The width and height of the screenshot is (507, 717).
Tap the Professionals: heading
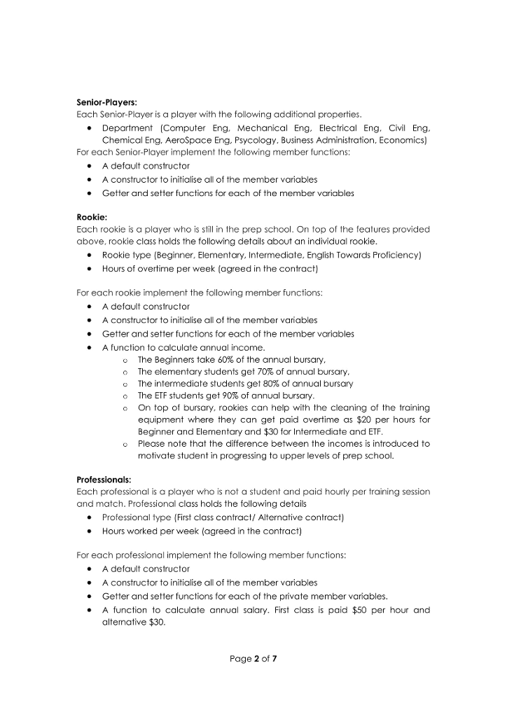click(104, 480)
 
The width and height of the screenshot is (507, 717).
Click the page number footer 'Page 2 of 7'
click(253, 658)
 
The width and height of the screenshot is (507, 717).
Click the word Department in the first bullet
click(127, 127)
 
